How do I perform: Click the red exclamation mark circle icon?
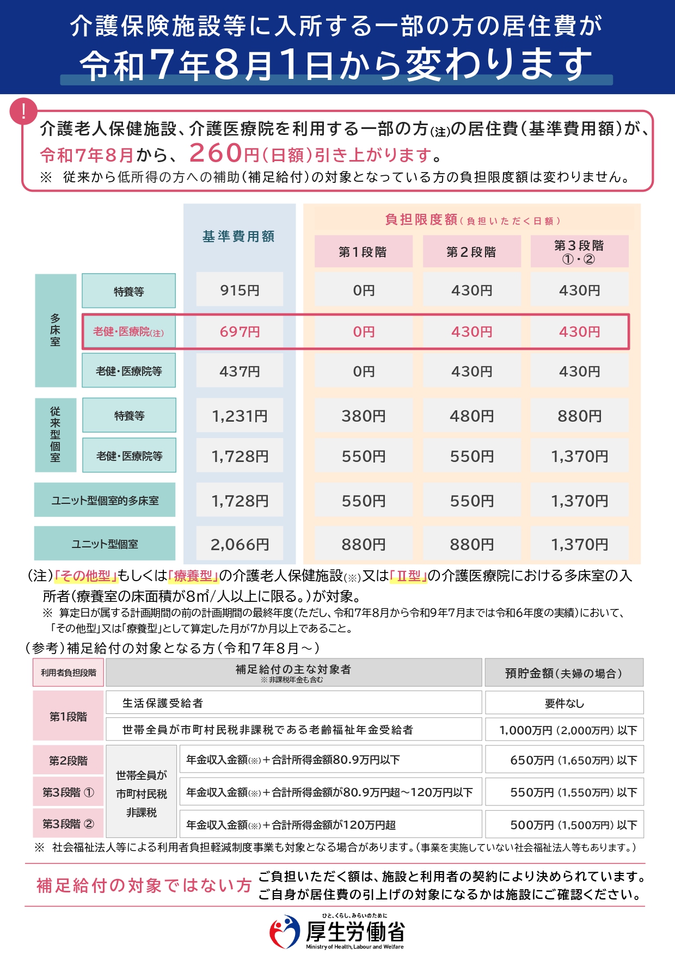tap(23, 112)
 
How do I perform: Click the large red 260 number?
tap(216, 153)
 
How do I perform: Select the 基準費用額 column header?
tap(239, 236)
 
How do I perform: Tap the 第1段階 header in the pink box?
tap(363, 252)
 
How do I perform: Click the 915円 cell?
tap(240, 290)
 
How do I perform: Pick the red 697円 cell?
tap(240, 331)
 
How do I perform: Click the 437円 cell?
tap(240, 371)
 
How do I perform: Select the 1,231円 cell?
tap(240, 416)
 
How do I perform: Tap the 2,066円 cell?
tap(240, 544)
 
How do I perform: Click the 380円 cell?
tap(363, 416)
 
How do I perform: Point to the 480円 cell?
tap(471, 416)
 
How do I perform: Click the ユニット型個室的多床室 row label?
tap(105, 500)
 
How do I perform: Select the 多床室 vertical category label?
tap(56, 330)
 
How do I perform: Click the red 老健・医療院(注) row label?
tap(128, 331)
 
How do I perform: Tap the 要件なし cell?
tap(564, 703)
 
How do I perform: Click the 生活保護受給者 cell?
tap(163, 703)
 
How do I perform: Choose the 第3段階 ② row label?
tap(68, 824)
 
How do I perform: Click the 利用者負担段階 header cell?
tap(68, 673)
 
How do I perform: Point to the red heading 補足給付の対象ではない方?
tap(144, 885)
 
